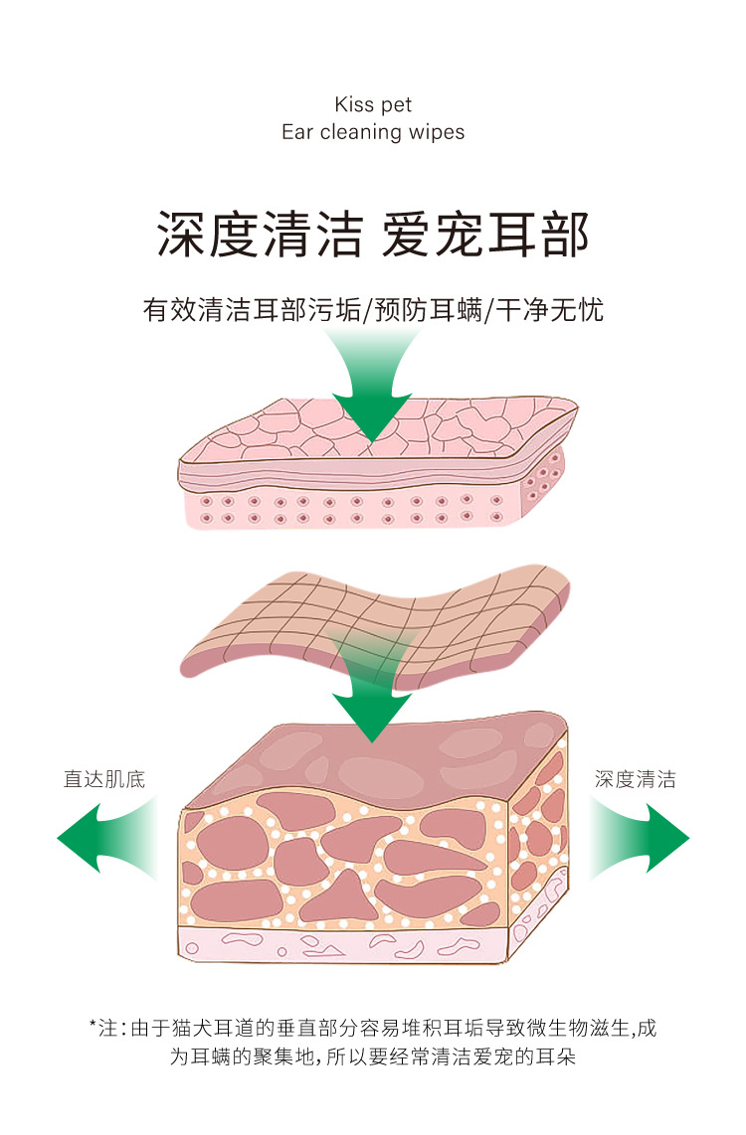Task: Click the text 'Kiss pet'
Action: [x=373, y=105]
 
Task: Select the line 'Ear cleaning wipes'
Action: [x=373, y=132]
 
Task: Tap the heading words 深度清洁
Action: [x=260, y=236]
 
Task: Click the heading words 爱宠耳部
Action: [x=486, y=236]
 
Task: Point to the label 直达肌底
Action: [x=104, y=779]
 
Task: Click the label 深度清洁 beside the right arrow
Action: [x=636, y=779]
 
